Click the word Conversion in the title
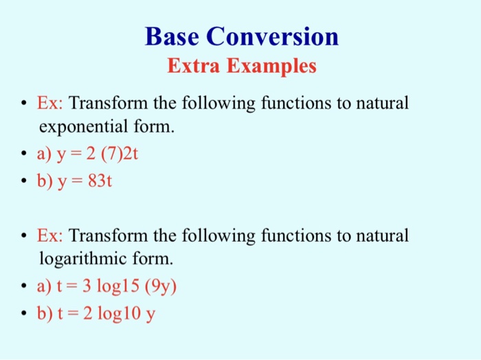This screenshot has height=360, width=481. click(x=275, y=36)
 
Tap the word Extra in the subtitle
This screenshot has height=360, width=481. click(x=193, y=66)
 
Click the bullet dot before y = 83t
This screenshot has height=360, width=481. click(x=24, y=181)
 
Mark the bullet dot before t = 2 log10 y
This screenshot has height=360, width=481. click(x=24, y=313)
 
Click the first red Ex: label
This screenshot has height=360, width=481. click(x=50, y=104)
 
